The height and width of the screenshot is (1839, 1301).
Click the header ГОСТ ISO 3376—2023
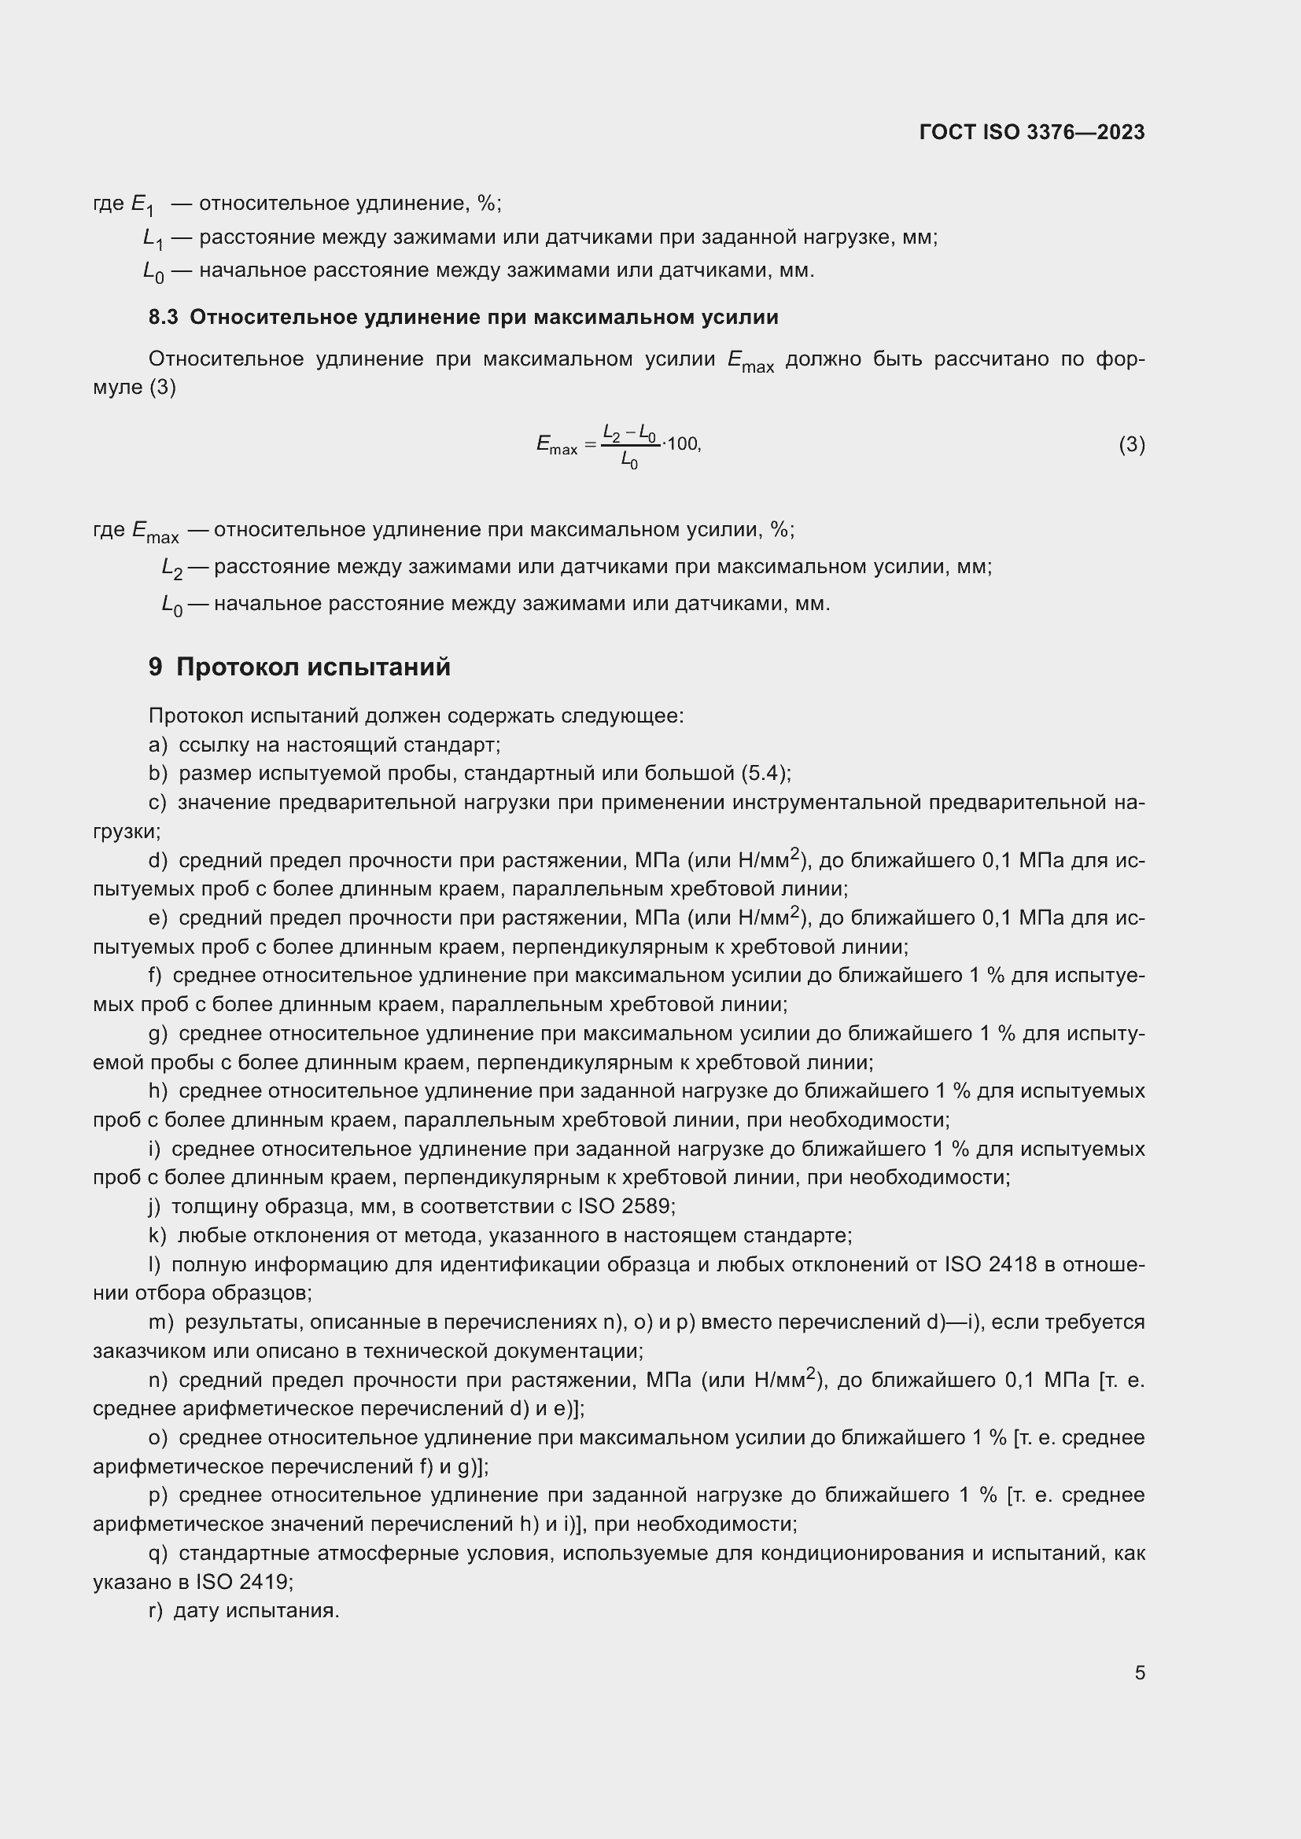[x=1032, y=132]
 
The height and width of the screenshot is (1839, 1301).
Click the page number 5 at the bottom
[x=1139, y=1672]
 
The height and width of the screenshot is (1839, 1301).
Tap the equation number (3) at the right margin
[x=1131, y=444]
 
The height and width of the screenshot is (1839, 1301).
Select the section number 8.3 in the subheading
[x=163, y=317]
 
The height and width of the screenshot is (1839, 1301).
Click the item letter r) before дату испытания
[x=156, y=1611]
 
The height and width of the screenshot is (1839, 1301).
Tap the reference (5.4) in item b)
[x=765, y=773]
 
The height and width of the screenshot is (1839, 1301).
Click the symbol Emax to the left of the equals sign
[x=556, y=445]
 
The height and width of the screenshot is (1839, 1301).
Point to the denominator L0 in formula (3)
[x=630, y=462]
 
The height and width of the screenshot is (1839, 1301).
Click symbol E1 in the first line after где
[x=142, y=205]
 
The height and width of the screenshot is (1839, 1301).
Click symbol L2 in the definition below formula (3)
[x=171, y=568]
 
